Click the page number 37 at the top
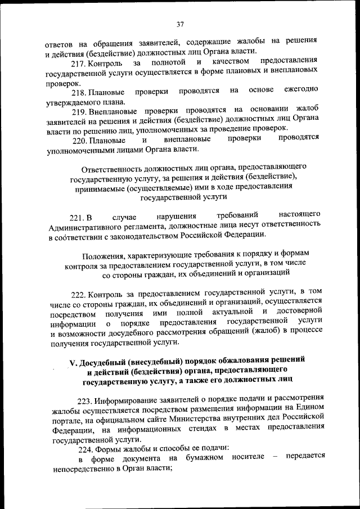pos(181,24)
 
